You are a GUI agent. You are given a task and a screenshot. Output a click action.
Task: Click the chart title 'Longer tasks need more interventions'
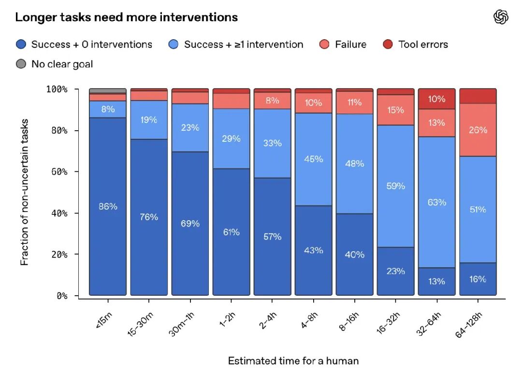coord(127,17)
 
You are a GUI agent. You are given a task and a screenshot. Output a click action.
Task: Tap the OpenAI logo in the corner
coord(501,17)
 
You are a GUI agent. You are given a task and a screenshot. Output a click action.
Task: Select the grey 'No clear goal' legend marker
coord(21,64)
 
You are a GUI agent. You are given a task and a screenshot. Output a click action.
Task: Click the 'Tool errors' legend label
coord(423,45)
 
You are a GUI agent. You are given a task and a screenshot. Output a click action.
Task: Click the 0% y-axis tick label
coord(62,296)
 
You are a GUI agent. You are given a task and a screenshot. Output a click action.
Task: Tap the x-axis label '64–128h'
coord(468,325)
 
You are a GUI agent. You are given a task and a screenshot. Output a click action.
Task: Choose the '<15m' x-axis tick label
coord(104,320)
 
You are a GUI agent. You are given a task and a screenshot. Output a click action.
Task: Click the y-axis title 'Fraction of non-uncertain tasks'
coord(24,192)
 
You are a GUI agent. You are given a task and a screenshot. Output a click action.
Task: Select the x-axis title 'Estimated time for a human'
coord(293,361)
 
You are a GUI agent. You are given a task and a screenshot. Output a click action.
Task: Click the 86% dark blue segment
coord(108,206)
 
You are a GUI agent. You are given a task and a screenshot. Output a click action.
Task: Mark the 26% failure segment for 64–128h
coord(478,130)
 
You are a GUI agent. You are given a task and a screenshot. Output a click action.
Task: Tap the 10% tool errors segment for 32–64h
coord(437,99)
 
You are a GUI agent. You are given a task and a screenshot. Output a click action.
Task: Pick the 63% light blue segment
coord(437,202)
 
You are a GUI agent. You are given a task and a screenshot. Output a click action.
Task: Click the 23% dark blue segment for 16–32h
coord(395,271)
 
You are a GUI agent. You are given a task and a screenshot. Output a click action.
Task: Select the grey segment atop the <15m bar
coord(108,91)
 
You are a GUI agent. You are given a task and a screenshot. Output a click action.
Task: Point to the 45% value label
coord(313,159)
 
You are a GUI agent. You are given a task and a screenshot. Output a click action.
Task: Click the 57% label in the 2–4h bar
coord(272,237)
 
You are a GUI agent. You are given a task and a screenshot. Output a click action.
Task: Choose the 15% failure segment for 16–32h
coord(395,110)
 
